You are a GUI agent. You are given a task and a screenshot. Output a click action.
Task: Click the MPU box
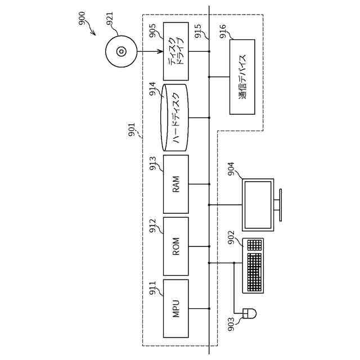click(175, 308)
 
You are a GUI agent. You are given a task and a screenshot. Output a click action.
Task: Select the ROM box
click(175, 246)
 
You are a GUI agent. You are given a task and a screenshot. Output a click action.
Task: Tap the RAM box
click(175, 184)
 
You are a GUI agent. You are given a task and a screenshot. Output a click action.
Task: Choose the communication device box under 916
click(242, 76)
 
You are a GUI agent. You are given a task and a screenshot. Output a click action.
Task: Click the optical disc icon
click(121, 52)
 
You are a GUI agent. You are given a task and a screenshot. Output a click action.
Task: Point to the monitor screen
click(258, 204)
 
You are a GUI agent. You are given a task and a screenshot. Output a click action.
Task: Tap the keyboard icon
click(254, 265)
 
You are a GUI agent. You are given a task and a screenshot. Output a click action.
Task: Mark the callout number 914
click(152, 89)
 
